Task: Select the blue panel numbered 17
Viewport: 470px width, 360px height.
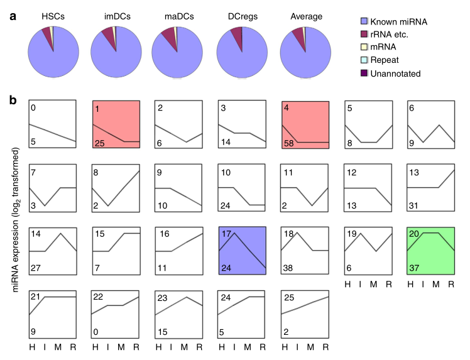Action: pyautogui.click(x=242, y=250)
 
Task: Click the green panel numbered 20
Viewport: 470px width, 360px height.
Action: pyautogui.click(x=430, y=250)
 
